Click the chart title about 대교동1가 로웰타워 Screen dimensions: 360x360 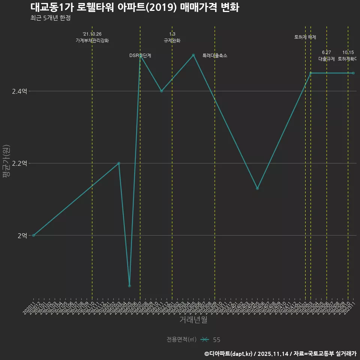tap(134, 7)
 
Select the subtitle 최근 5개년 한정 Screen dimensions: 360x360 tap(50, 18)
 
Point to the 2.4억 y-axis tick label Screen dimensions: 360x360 tap(19, 91)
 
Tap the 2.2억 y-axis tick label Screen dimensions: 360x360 tap(19, 163)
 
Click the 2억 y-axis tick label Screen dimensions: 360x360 tap(22, 235)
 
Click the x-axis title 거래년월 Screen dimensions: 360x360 tap(193, 320)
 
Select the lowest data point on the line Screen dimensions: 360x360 tap(129, 286)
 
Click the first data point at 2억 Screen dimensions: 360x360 tap(33, 235)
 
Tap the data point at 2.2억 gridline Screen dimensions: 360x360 tap(119, 163)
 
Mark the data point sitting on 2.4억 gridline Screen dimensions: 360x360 tap(162, 91)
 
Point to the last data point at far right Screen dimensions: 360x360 tap(353, 73)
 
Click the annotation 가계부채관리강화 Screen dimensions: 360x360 tap(92, 40)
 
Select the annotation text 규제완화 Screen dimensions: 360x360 tap(172, 40)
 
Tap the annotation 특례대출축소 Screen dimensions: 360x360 tap(215, 55)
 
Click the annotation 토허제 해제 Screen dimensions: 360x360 tap(305, 37)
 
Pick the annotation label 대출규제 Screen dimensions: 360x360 tap(327, 59)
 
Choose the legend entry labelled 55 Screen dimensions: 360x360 tap(216, 340)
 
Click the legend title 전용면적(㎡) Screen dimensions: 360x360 tap(181, 340)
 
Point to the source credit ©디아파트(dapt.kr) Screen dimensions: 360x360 tap(229, 353)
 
